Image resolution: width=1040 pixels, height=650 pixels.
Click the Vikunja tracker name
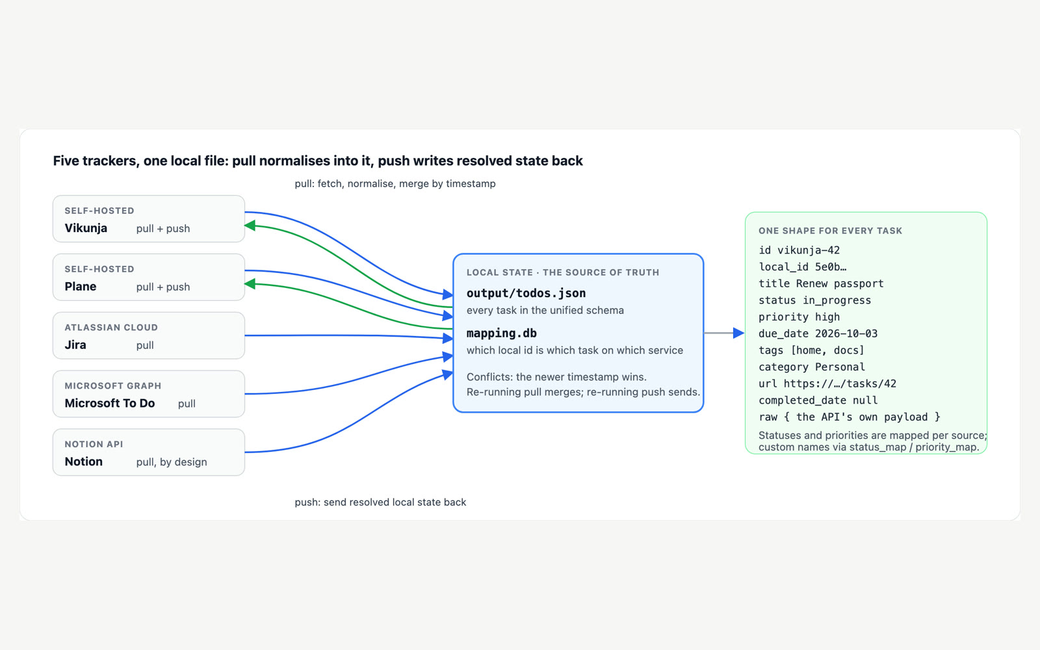[x=86, y=228]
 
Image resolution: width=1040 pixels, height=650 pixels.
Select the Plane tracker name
[x=81, y=287]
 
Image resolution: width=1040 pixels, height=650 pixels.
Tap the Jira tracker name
[x=75, y=345]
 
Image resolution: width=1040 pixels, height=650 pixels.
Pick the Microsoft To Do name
[x=110, y=403]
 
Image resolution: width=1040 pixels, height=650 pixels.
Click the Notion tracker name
[x=84, y=461]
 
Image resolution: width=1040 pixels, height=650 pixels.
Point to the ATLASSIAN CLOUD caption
[x=111, y=328]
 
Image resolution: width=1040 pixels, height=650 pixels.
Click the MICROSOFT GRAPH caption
[x=113, y=386]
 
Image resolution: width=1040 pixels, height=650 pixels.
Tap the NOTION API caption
[x=94, y=445]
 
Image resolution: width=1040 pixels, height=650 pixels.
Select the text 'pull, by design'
[x=172, y=462]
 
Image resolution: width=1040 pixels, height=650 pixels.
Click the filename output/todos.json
[x=526, y=293]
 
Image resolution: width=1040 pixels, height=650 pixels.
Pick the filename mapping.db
[x=501, y=333]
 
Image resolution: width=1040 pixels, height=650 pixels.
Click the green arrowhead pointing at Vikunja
[x=250, y=226]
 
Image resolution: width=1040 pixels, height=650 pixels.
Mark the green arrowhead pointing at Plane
[x=250, y=283]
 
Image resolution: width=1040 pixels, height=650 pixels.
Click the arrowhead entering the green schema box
[x=738, y=333]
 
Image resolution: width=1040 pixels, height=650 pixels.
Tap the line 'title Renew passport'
[x=821, y=283]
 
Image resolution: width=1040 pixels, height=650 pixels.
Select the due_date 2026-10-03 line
[x=818, y=334]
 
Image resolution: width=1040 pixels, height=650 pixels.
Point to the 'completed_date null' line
[x=818, y=400]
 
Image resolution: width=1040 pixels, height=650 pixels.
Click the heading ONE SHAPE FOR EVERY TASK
[x=830, y=231]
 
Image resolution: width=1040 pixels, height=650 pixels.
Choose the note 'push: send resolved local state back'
[x=380, y=502]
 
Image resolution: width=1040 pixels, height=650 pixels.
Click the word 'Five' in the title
[x=66, y=161]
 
